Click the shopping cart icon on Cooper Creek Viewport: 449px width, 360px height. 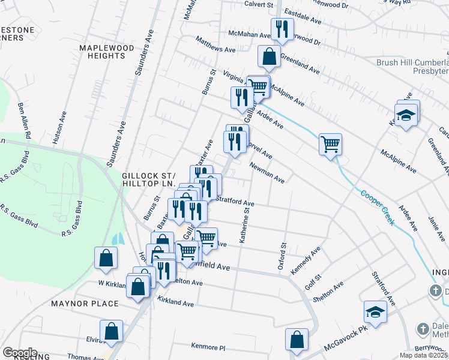pos(330,144)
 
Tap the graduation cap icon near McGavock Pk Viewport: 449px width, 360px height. pos(375,312)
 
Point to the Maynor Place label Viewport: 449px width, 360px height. pos(85,304)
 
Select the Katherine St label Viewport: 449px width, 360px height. pos(244,225)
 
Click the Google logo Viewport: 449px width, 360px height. pos(20,353)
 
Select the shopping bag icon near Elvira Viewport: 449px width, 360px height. pos(111,330)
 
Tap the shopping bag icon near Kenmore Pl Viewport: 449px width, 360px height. pos(297,339)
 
